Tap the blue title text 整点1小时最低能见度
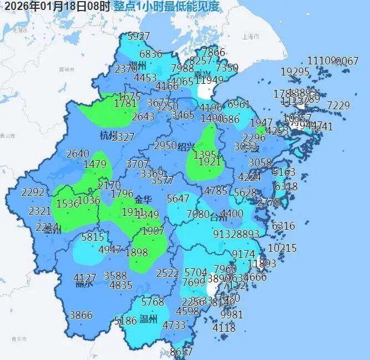click(x=166, y=7)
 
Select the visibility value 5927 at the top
click(x=139, y=37)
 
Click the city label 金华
click(x=142, y=197)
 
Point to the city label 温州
click(x=149, y=319)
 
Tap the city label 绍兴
click(x=186, y=146)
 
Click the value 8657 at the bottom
click(x=181, y=352)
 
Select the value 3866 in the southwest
click(x=81, y=315)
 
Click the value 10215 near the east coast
click(x=282, y=248)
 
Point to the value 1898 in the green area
click(x=136, y=252)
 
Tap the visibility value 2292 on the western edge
click(x=32, y=192)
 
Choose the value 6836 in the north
click(x=151, y=54)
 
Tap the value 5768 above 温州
click(x=153, y=302)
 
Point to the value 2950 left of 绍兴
click(x=165, y=145)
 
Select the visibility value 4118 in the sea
click(x=224, y=328)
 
